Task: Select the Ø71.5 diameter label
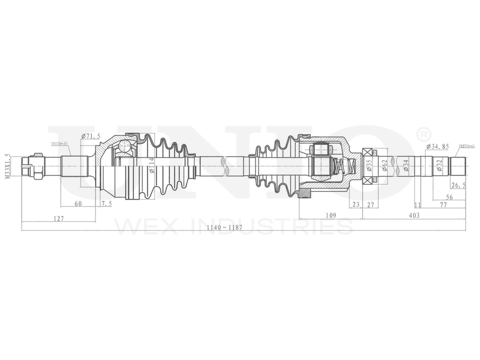click(91, 136)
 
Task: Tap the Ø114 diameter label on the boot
click(152, 166)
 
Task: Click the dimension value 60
click(78, 204)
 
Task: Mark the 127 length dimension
click(59, 219)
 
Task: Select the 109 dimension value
click(331, 216)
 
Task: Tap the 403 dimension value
click(414, 216)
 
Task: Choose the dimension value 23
click(356, 204)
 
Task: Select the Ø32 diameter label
click(439, 166)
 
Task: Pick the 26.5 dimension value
click(457, 185)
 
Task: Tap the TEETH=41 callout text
click(467, 145)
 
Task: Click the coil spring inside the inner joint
click(345, 167)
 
